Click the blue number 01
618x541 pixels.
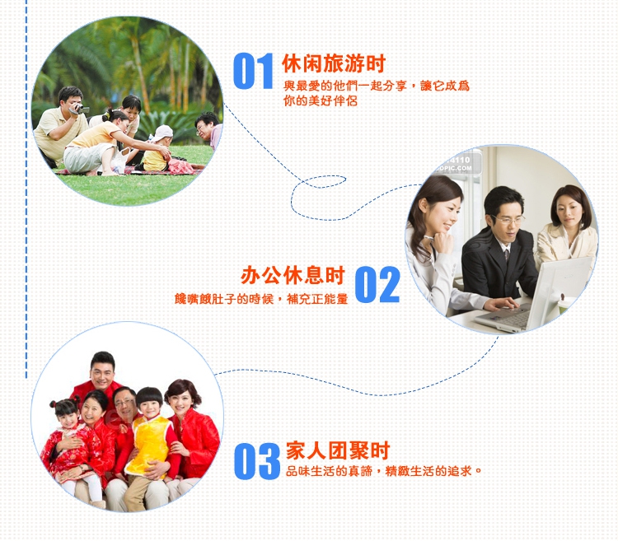(x=253, y=71)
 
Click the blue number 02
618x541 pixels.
(x=377, y=284)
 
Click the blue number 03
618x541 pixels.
(x=257, y=461)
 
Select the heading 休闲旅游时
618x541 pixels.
(x=334, y=63)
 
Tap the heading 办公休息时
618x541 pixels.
(x=293, y=275)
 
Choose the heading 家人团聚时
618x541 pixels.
(x=338, y=450)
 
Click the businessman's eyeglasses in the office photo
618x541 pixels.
(x=509, y=219)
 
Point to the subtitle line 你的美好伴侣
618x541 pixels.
(x=320, y=100)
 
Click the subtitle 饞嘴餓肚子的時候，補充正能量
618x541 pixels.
(x=261, y=299)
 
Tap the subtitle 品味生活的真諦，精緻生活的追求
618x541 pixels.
(x=383, y=470)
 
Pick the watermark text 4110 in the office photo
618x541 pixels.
(x=459, y=160)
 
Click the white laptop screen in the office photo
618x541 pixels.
(x=559, y=289)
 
